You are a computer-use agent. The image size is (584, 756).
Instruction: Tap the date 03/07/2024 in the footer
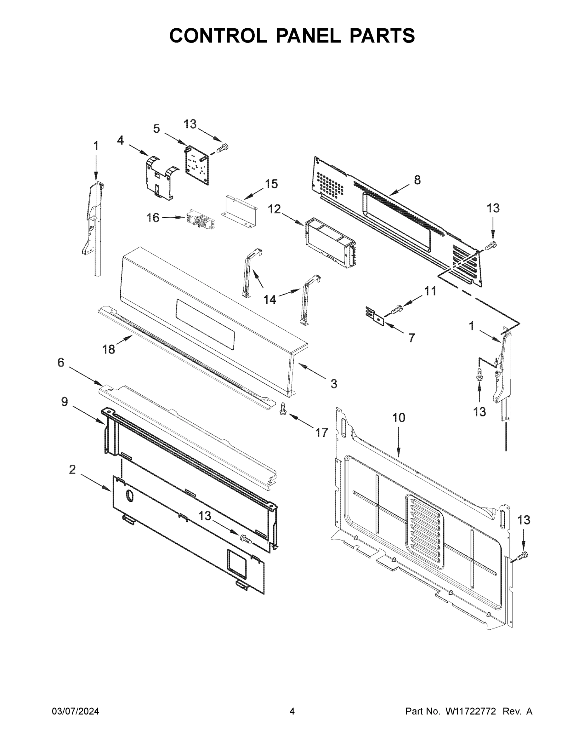[76, 711]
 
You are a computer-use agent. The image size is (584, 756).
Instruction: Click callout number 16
[153, 218]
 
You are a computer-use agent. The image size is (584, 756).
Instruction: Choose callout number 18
[108, 349]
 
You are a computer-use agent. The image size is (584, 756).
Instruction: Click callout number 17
[321, 432]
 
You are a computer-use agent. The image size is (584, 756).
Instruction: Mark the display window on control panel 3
[206, 324]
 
